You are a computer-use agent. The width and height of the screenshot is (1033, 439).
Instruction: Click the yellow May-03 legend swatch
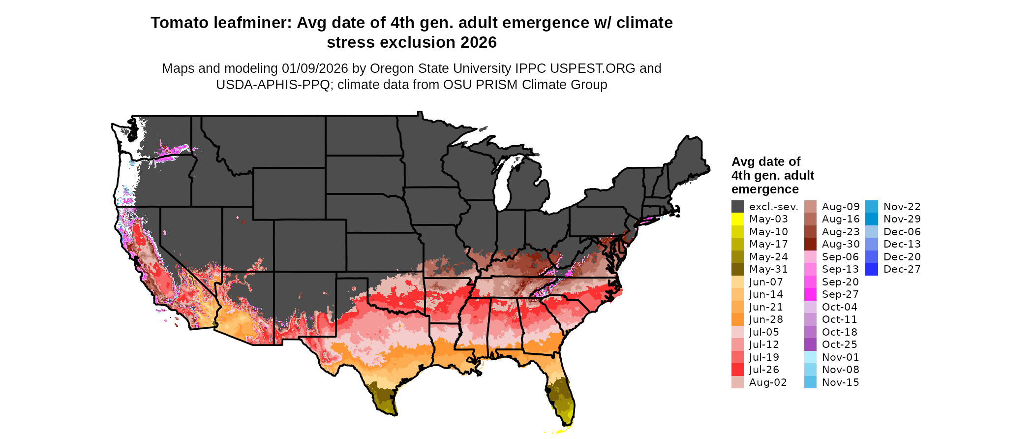737,219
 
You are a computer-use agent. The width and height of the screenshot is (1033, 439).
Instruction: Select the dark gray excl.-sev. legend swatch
737,207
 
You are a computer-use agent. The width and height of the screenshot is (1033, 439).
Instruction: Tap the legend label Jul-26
764,370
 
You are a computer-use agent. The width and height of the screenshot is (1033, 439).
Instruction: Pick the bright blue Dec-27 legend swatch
871,269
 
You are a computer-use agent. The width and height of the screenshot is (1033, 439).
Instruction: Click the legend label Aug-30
841,244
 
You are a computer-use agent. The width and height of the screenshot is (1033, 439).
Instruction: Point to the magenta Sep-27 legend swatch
810,294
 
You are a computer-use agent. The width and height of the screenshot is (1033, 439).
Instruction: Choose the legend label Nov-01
841,357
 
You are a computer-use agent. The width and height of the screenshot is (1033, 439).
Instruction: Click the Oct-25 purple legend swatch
810,345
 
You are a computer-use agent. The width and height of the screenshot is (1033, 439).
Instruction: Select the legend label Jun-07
766,282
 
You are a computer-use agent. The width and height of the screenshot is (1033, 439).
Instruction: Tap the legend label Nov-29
902,219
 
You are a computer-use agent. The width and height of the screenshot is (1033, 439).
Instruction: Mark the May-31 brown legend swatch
737,269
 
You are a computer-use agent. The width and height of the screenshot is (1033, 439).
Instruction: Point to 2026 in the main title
479,43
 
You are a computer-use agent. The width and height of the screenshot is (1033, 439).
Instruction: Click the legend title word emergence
765,189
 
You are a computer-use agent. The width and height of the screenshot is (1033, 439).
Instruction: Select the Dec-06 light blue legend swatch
871,232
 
